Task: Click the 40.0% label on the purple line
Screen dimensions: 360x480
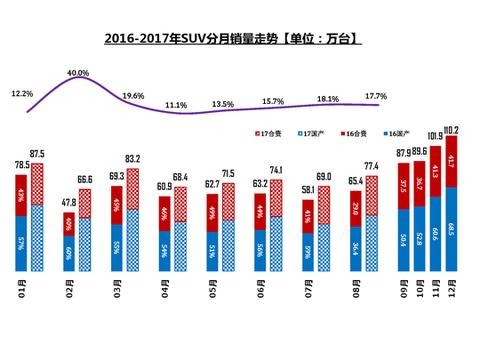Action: click(x=78, y=73)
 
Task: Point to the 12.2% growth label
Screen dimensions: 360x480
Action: click(x=22, y=93)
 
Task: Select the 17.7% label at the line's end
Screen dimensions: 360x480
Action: click(x=377, y=93)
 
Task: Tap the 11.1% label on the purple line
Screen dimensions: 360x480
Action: click(x=177, y=105)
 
